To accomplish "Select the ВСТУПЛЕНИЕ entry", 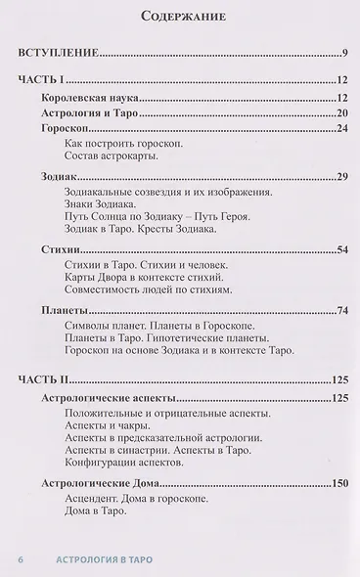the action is tap(58, 53).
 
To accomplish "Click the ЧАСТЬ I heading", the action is tap(41, 83).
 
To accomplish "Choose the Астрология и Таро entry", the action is tap(92, 114).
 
